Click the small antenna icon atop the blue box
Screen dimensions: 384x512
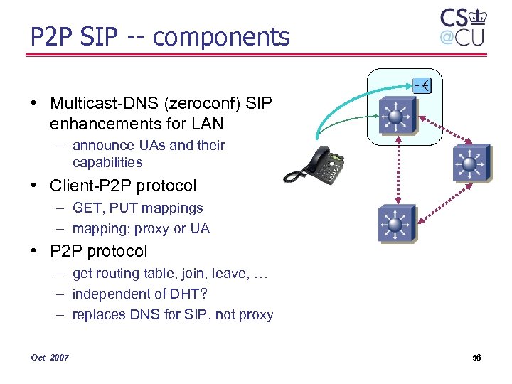click(422, 85)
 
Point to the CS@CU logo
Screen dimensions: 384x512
click(462, 27)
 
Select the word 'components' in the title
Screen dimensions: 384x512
click(221, 36)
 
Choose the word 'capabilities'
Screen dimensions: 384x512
click(107, 162)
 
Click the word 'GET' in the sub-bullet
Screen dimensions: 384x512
click(87, 208)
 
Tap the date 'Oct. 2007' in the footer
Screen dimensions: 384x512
click(50, 357)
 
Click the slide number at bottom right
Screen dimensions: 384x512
click(476, 357)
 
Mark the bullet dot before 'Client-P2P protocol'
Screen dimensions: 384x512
click(34, 186)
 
